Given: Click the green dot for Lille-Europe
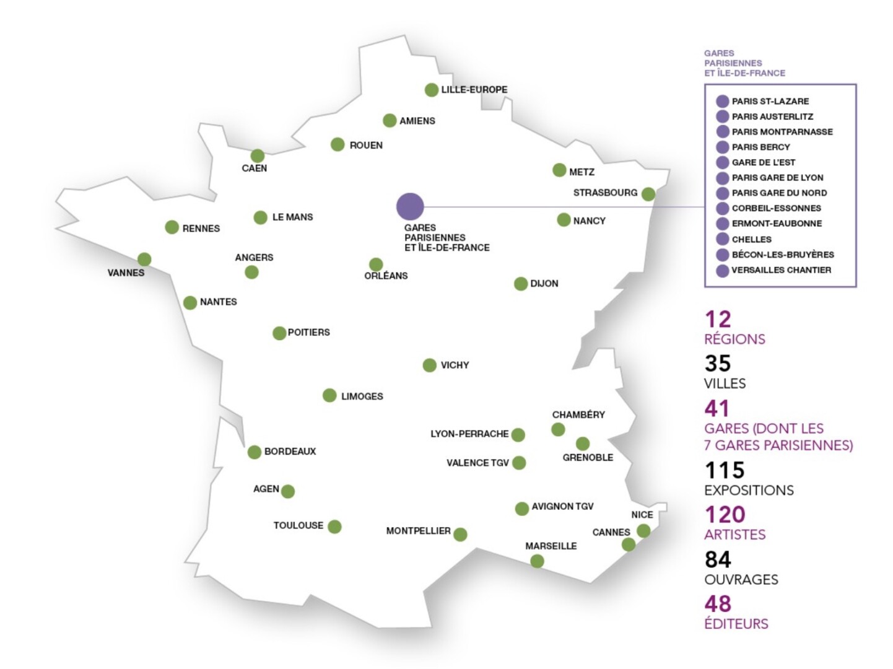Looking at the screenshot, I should click(x=432, y=90).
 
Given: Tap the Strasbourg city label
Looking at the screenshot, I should click(x=604, y=193).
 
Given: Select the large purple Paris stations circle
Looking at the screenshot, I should click(x=410, y=206).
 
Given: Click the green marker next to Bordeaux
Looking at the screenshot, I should click(x=254, y=452).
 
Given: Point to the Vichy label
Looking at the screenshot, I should click(x=455, y=365).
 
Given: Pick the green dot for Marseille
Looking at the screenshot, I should click(x=537, y=561).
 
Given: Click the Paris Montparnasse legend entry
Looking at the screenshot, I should click(x=782, y=132).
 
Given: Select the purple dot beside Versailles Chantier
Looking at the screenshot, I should click(x=722, y=271).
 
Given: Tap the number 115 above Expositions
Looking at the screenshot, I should click(x=725, y=471).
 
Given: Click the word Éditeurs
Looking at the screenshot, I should click(x=736, y=624).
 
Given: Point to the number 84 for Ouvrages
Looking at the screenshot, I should click(x=718, y=560).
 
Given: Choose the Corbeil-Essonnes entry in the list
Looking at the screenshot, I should click(x=776, y=208).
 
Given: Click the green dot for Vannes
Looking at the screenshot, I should click(x=144, y=260).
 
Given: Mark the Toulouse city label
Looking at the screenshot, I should click(x=298, y=525).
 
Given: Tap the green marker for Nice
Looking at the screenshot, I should click(x=643, y=531).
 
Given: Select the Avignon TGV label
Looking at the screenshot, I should click(x=562, y=507).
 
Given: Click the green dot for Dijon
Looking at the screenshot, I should click(x=521, y=284).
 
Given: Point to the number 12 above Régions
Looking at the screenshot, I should click(x=718, y=320).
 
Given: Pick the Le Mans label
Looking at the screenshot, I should click(x=292, y=217).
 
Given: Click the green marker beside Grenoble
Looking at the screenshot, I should click(x=582, y=444).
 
